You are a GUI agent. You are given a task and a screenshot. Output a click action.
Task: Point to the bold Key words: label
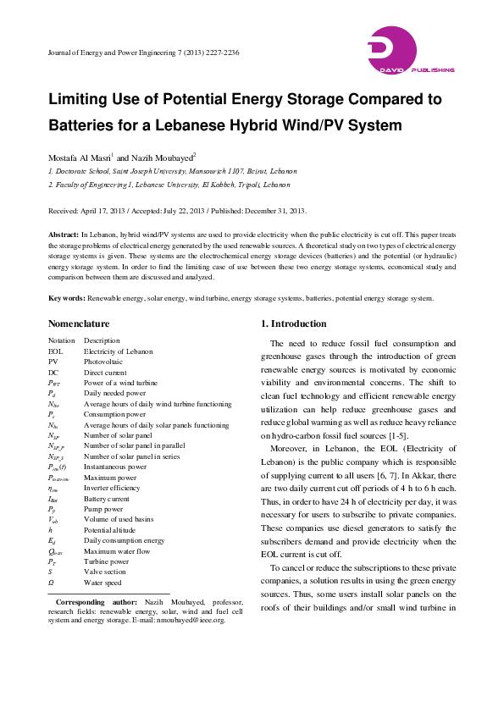click(67, 298)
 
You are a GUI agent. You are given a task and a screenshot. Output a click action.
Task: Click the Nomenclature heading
click(79, 324)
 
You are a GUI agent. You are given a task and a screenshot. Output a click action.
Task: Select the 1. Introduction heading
click(292, 324)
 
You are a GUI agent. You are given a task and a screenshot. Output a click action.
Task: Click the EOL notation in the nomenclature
click(56, 350)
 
